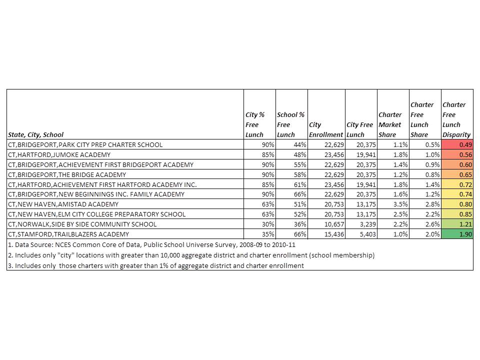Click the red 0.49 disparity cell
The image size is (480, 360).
click(457, 144)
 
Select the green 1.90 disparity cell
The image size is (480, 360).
click(457, 234)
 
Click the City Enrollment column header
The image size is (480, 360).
click(326, 129)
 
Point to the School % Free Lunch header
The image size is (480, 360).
click(291, 124)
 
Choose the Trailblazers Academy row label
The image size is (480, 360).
click(68, 234)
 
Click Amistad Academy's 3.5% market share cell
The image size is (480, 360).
click(393, 204)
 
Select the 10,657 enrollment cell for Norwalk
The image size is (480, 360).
click(326, 224)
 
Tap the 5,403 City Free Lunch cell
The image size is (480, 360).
click(360, 234)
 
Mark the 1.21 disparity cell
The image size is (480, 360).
click(457, 224)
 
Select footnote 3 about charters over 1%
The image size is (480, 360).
click(155, 265)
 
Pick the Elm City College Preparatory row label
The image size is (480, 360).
click(97, 214)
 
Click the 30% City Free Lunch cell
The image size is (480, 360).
click(259, 224)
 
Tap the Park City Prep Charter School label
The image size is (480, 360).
click(85, 144)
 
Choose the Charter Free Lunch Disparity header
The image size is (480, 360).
click(456, 119)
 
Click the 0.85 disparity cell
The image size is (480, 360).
click(457, 214)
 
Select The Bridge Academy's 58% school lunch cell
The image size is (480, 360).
click(291, 174)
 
